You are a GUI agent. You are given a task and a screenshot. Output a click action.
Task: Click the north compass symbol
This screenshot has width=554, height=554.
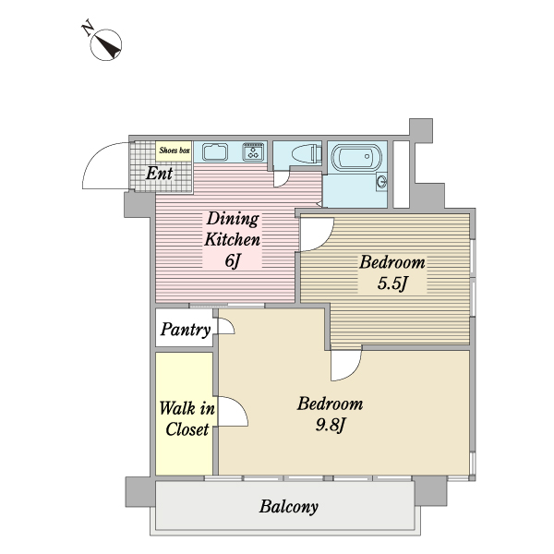coord(106,45)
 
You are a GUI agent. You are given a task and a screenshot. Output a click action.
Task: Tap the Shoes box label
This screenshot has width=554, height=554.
coord(175,151)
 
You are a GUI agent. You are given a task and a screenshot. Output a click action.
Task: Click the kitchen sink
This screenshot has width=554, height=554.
coord(215,152)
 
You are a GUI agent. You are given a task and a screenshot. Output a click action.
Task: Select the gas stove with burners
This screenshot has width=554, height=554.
coord(253,152)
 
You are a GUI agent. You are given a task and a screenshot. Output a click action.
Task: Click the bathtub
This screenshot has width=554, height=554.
coord(356,156)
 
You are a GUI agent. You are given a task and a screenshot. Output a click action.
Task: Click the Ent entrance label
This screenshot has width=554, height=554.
coord(160,174)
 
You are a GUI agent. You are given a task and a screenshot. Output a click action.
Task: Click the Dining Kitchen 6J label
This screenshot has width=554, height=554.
coord(233,239)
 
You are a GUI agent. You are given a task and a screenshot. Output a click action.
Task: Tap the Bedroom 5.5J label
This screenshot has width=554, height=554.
coord(392,272)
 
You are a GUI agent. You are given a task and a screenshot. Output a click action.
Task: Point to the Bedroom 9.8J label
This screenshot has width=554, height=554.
coord(330,414)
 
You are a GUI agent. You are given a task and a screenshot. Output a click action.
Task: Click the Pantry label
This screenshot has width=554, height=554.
coord(186,330)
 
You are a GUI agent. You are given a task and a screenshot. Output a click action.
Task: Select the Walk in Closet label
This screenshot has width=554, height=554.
coord(187,419)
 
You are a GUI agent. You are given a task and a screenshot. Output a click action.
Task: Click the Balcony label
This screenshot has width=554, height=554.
coord(289,507)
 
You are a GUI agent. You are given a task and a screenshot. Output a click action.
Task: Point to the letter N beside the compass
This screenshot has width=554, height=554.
coord(88,29)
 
